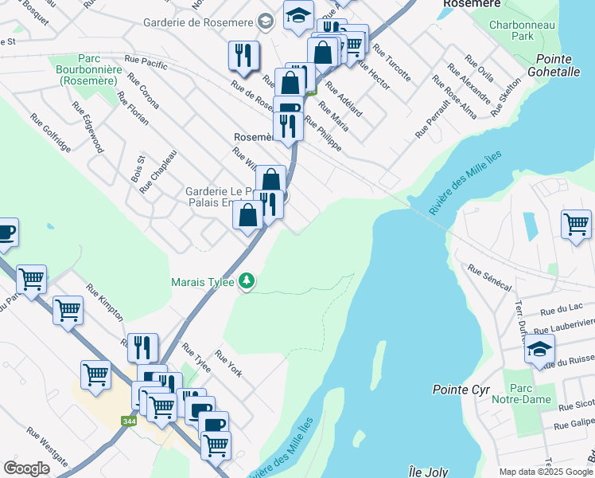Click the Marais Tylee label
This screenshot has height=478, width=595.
(203, 281)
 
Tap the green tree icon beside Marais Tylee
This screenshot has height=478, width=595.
(247, 280)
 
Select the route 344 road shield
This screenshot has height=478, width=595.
(127, 421)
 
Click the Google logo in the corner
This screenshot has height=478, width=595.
(26, 468)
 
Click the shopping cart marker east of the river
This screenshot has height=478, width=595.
(576, 223)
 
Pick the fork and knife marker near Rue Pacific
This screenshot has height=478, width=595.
(241, 54)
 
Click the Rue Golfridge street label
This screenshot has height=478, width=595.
(52, 132)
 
